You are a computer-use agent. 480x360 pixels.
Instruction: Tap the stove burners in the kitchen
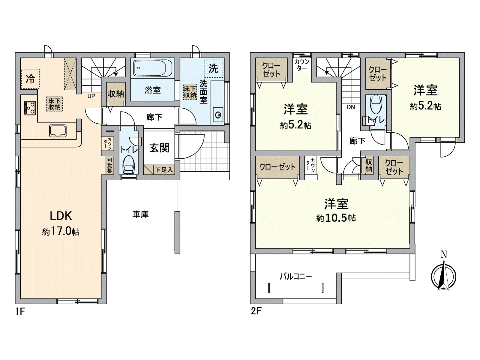pyautogui.click(x=30, y=108)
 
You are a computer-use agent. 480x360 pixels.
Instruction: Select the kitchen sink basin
pyautogui.click(x=58, y=131)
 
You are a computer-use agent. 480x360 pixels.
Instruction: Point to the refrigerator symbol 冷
pyautogui.click(x=30, y=79)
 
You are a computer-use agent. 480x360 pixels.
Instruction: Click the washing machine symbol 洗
pyautogui.click(x=213, y=68)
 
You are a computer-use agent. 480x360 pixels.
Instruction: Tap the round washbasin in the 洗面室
pyautogui.click(x=218, y=115)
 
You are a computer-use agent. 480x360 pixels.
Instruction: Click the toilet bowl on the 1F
pyautogui.click(x=129, y=165)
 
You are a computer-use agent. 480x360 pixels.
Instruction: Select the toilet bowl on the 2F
pyautogui.click(x=376, y=104)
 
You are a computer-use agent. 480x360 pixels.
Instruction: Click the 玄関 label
pyautogui.click(x=159, y=148)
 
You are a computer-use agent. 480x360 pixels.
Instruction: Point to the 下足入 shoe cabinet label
pyautogui.click(x=164, y=169)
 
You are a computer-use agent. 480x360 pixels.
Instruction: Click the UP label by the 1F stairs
pyautogui.click(x=91, y=96)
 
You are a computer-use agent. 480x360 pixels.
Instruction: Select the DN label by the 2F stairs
pyautogui.click(x=351, y=107)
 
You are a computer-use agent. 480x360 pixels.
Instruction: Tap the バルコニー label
pyautogui.click(x=296, y=277)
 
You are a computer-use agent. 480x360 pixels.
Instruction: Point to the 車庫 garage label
pyautogui.click(x=141, y=214)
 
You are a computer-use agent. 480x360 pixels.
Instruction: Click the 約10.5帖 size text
pyautogui.click(x=336, y=218)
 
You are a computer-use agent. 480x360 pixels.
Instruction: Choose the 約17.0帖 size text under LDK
pyautogui.click(x=61, y=232)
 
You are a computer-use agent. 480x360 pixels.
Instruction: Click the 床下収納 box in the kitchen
pyautogui.click(x=54, y=104)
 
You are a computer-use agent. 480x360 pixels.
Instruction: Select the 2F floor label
pyautogui.click(x=256, y=311)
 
